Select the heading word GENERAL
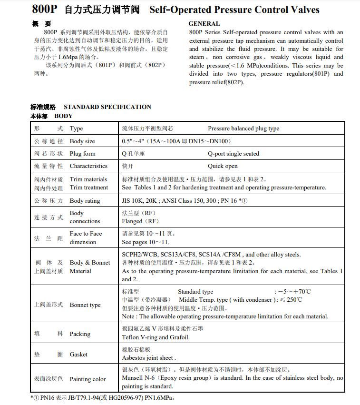204,24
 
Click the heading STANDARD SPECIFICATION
107,107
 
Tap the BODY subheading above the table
64,116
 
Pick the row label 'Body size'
82,141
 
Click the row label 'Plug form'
82,154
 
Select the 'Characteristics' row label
88,166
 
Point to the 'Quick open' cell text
223,166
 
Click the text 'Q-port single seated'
234,154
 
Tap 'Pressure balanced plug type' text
243,128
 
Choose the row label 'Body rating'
85,201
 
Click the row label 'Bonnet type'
85,305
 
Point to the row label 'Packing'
80,334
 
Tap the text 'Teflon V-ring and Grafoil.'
156,337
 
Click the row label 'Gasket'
78,355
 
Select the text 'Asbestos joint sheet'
148,358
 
